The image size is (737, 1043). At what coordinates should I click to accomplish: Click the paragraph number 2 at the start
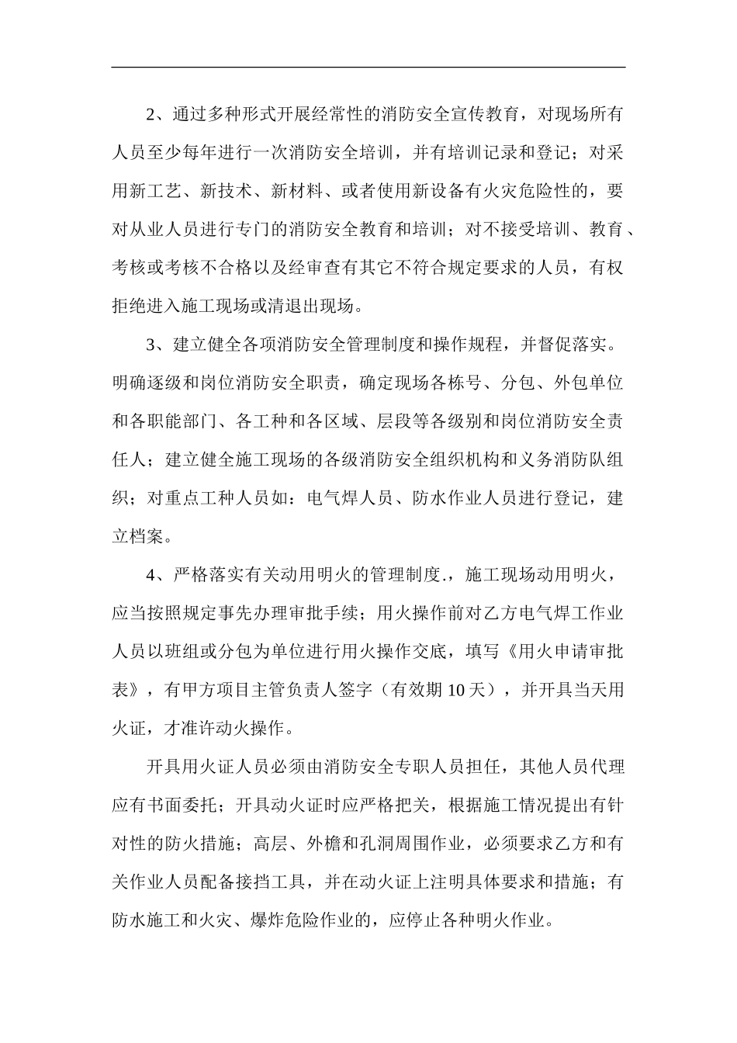pos(151,116)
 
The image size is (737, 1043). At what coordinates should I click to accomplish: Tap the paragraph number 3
pos(151,345)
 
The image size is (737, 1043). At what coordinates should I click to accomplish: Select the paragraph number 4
pos(151,575)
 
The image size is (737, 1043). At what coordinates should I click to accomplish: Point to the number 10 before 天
pos(456,690)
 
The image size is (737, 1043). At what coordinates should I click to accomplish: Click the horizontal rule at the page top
pos(368,68)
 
